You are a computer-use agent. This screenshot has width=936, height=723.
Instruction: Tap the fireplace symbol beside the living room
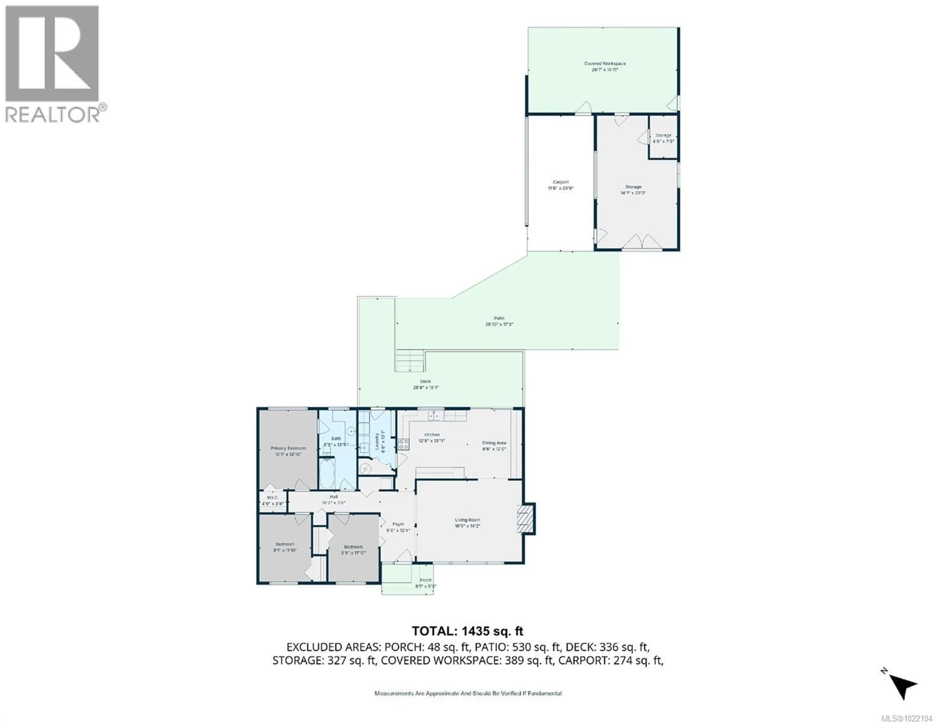pos(526,519)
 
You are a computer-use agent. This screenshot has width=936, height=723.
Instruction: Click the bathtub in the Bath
pos(327,473)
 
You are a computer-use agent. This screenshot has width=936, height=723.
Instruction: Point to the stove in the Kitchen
pos(403,444)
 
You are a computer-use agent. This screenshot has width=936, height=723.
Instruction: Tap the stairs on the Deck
pos(410,361)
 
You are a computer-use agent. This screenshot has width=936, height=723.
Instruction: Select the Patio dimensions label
pos(499,324)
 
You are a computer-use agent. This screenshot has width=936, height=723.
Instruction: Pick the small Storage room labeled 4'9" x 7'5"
pos(663,138)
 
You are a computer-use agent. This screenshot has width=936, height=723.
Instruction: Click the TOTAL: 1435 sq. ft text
pos(467,631)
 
